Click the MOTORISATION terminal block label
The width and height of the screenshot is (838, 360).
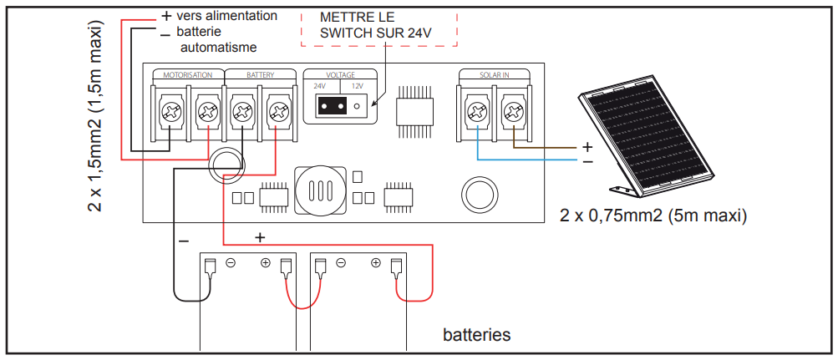pos(188,75)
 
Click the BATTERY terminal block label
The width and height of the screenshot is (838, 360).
pos(260,75)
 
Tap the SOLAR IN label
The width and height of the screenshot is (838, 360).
pos(495,75)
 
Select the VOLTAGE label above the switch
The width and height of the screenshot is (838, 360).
pos(340,75)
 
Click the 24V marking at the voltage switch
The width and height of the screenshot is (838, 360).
pos(320,87)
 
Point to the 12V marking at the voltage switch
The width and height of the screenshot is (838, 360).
pos(358,87)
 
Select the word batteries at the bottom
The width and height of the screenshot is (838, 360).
pos(476,335)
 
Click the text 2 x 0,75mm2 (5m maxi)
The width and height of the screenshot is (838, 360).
pos(653,216)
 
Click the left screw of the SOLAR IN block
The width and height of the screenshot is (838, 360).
pos(477,111)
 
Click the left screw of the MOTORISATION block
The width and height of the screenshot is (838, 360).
pos(172,111)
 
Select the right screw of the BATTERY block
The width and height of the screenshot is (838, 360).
pos(277,111)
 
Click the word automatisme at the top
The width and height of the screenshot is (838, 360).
pos(219,48)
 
